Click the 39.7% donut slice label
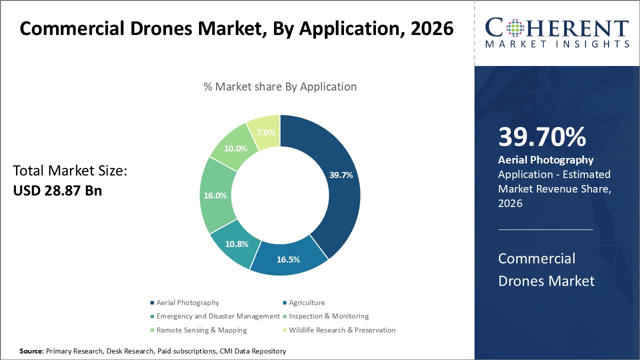341,175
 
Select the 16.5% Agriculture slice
288,259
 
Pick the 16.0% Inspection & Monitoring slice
215,196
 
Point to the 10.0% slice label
235,148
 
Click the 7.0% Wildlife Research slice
265,132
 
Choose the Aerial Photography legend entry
187,302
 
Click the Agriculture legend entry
306,302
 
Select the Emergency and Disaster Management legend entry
218,316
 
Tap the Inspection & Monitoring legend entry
328,316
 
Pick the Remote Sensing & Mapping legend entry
201,330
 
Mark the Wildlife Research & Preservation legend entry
342,330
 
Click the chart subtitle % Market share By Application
280,86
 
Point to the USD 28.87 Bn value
57,190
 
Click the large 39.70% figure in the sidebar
542,137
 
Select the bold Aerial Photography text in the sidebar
545,160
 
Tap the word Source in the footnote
31,351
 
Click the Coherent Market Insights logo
557,33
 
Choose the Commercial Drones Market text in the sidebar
546,269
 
